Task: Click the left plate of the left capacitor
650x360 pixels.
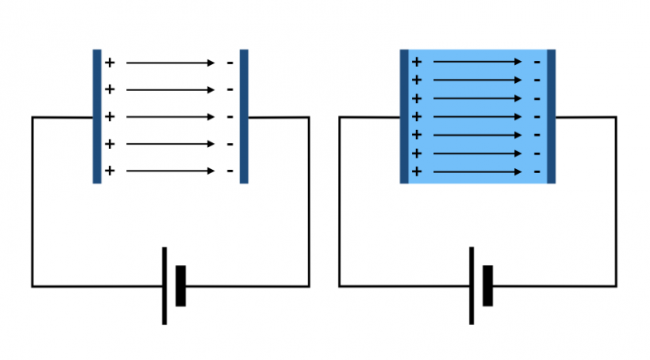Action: (x=97, y=116)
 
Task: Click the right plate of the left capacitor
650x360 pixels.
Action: (x=244, y=116)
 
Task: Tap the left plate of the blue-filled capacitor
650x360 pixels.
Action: (x=404, y=116)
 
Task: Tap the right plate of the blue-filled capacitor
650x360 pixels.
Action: (x=551, y=116)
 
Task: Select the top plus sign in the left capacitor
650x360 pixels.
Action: (x=110, y=63)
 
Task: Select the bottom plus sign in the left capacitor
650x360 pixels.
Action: (x=110, y=171)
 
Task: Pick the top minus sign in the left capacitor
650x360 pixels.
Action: (x=230, y=63)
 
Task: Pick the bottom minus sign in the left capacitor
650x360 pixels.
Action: (x=230, y=171)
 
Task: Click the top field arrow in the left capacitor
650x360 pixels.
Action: (x=170, y=63)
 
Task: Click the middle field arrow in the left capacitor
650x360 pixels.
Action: (x=170, y=117)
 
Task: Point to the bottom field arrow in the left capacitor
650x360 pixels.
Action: (x=170, y=171)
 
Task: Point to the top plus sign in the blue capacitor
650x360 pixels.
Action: (x=417, y=61)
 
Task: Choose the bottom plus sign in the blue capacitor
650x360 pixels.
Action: (x=417, y=171)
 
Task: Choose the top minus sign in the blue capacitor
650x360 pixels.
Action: (x=536, y=61)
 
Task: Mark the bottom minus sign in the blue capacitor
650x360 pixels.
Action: (x=536, y=171)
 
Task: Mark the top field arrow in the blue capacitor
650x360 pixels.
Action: (x=476, y=61)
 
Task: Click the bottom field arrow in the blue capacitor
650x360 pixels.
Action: (x=476, y=171)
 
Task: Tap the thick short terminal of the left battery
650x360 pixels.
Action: (x=180, y=285)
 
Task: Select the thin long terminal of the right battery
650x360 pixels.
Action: (x=471, y=285)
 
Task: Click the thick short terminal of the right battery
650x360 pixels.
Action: (x=487, y=285)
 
